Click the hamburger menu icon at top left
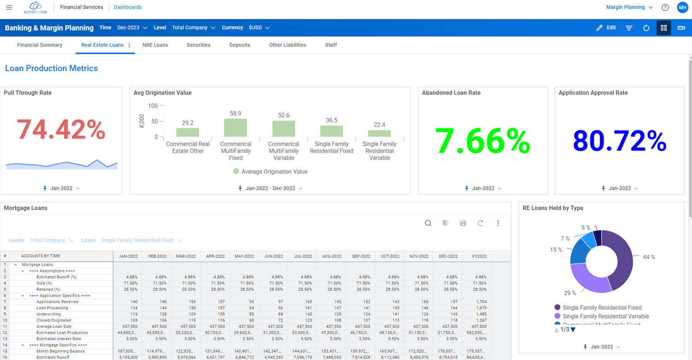(9, 7)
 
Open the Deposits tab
(239, 45)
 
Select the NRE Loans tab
(155, 45)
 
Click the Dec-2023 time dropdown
(132, 28)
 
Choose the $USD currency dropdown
(259, 28)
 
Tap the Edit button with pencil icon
(606, 28)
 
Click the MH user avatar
(682, 7)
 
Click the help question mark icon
(665, 7)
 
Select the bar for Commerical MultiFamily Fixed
(235, 128)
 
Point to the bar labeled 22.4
(380, 133)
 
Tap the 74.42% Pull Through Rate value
(61, 129)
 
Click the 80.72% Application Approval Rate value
(620, 141)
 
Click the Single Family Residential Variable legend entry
(605, 317)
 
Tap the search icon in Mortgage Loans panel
(428, 223)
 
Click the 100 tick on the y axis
(153, 106)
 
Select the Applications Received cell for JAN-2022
(128, 302)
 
